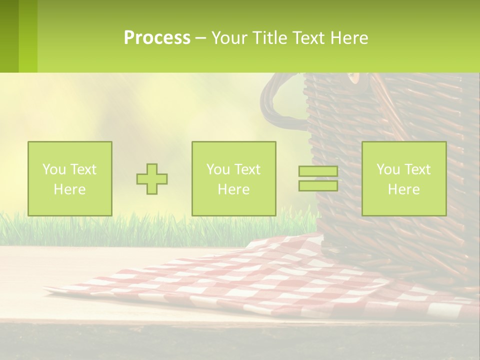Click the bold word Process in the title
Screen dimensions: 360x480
click(x=157, y=38)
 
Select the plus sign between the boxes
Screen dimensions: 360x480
click(x=152, y=178)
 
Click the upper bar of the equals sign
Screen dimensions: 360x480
click(x=318, y=171)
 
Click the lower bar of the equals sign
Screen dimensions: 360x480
click(x=318, y=185)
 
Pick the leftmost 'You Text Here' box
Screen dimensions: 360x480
click(x=69, y=178)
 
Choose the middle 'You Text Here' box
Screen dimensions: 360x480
click(x=233, y=178)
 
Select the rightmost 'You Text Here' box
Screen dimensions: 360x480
click(x=403, y=178)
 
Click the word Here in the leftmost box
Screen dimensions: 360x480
click(x=69, y=189)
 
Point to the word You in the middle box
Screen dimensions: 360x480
click(x=218, y=169)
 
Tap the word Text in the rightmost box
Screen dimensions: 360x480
click(x=417, y=169)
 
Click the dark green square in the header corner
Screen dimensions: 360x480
click(x=9, y=36)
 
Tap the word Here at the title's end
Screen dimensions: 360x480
click(x=348, y=38)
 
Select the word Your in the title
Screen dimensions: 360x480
click(x=229, y=38)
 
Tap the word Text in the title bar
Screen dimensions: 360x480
click(x=308, y=38)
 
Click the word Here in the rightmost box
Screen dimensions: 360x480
click(x=403, y=189)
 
